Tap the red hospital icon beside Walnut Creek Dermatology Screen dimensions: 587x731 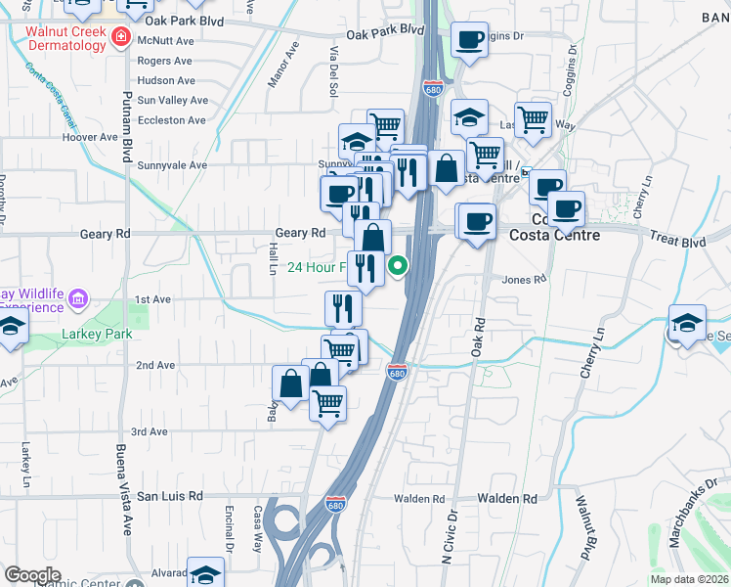(x=121, y=38)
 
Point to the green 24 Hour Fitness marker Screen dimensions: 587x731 (x=399, y=266)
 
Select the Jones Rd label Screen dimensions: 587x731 (x=524, y=280)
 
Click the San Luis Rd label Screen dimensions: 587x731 (x=169, y=496)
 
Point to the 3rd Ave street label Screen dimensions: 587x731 (x=150, y=431)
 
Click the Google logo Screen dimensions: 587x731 (x=32, y=575)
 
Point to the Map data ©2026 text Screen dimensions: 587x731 (x=689, y=579)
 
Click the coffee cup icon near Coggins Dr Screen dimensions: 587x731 (x=470, y=40)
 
